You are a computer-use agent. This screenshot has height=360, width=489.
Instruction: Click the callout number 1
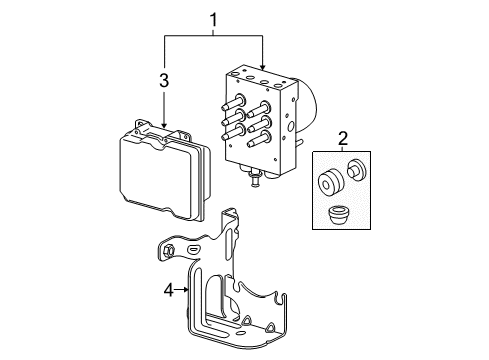pos(213,16)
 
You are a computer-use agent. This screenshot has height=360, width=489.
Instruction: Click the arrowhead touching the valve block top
pos(263,66)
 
